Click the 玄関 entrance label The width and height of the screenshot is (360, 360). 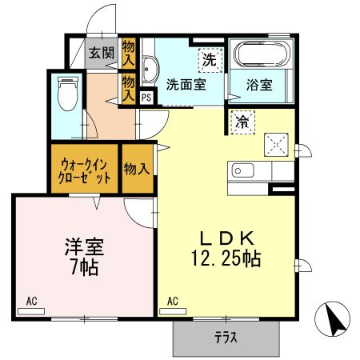click(x=102, y=54)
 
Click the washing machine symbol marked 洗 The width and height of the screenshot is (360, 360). click(x=208, y=58)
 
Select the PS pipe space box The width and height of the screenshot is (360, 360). click(x=146, y=98)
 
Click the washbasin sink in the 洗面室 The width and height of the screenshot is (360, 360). click(x=149, y=71)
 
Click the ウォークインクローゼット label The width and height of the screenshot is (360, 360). click(x=84, y=170)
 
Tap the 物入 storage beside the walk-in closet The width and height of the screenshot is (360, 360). click(x=137, y=169)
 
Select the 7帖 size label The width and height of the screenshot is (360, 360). click(x=84, y=269)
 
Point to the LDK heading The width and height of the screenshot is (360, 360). click(x=226, y=238)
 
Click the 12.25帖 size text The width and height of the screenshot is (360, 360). click(x=226, y=259)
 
